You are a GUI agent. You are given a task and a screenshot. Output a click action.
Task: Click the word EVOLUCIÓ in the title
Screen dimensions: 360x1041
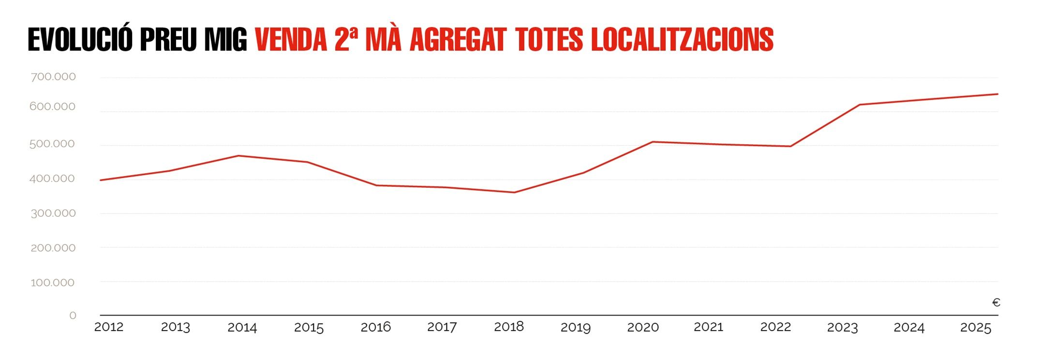coord(80,40)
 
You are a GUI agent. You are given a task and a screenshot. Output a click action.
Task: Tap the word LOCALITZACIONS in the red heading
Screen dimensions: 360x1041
coord(682,40)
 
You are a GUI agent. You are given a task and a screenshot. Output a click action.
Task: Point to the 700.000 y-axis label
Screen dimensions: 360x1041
coord(53,76)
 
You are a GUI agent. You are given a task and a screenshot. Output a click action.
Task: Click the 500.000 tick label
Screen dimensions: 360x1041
coord(52,144)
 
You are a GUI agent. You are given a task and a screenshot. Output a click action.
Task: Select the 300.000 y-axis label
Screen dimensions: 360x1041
coord(53,213)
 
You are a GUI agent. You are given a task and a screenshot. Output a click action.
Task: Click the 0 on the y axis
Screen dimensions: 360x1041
coord(73,315)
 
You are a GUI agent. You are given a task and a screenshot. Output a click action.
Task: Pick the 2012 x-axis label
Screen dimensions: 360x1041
coord(108,327)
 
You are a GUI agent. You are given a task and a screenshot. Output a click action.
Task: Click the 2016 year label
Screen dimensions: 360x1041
coord(375,327)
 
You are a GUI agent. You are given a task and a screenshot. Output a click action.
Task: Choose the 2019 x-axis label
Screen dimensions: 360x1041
coord(575,328)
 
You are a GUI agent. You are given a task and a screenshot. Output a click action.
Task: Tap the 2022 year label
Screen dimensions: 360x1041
coord(775,327)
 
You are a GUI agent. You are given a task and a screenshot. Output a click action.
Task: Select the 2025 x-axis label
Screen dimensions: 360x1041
coord(975,328)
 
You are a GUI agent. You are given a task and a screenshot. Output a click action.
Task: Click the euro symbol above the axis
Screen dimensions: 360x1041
coord(996,302)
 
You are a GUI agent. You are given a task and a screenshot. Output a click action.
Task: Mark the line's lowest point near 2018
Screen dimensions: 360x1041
coord(514,193)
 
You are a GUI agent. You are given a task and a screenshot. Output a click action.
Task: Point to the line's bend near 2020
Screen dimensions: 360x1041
coord(653,142)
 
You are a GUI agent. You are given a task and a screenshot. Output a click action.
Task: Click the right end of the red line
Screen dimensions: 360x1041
coord(997,94)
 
